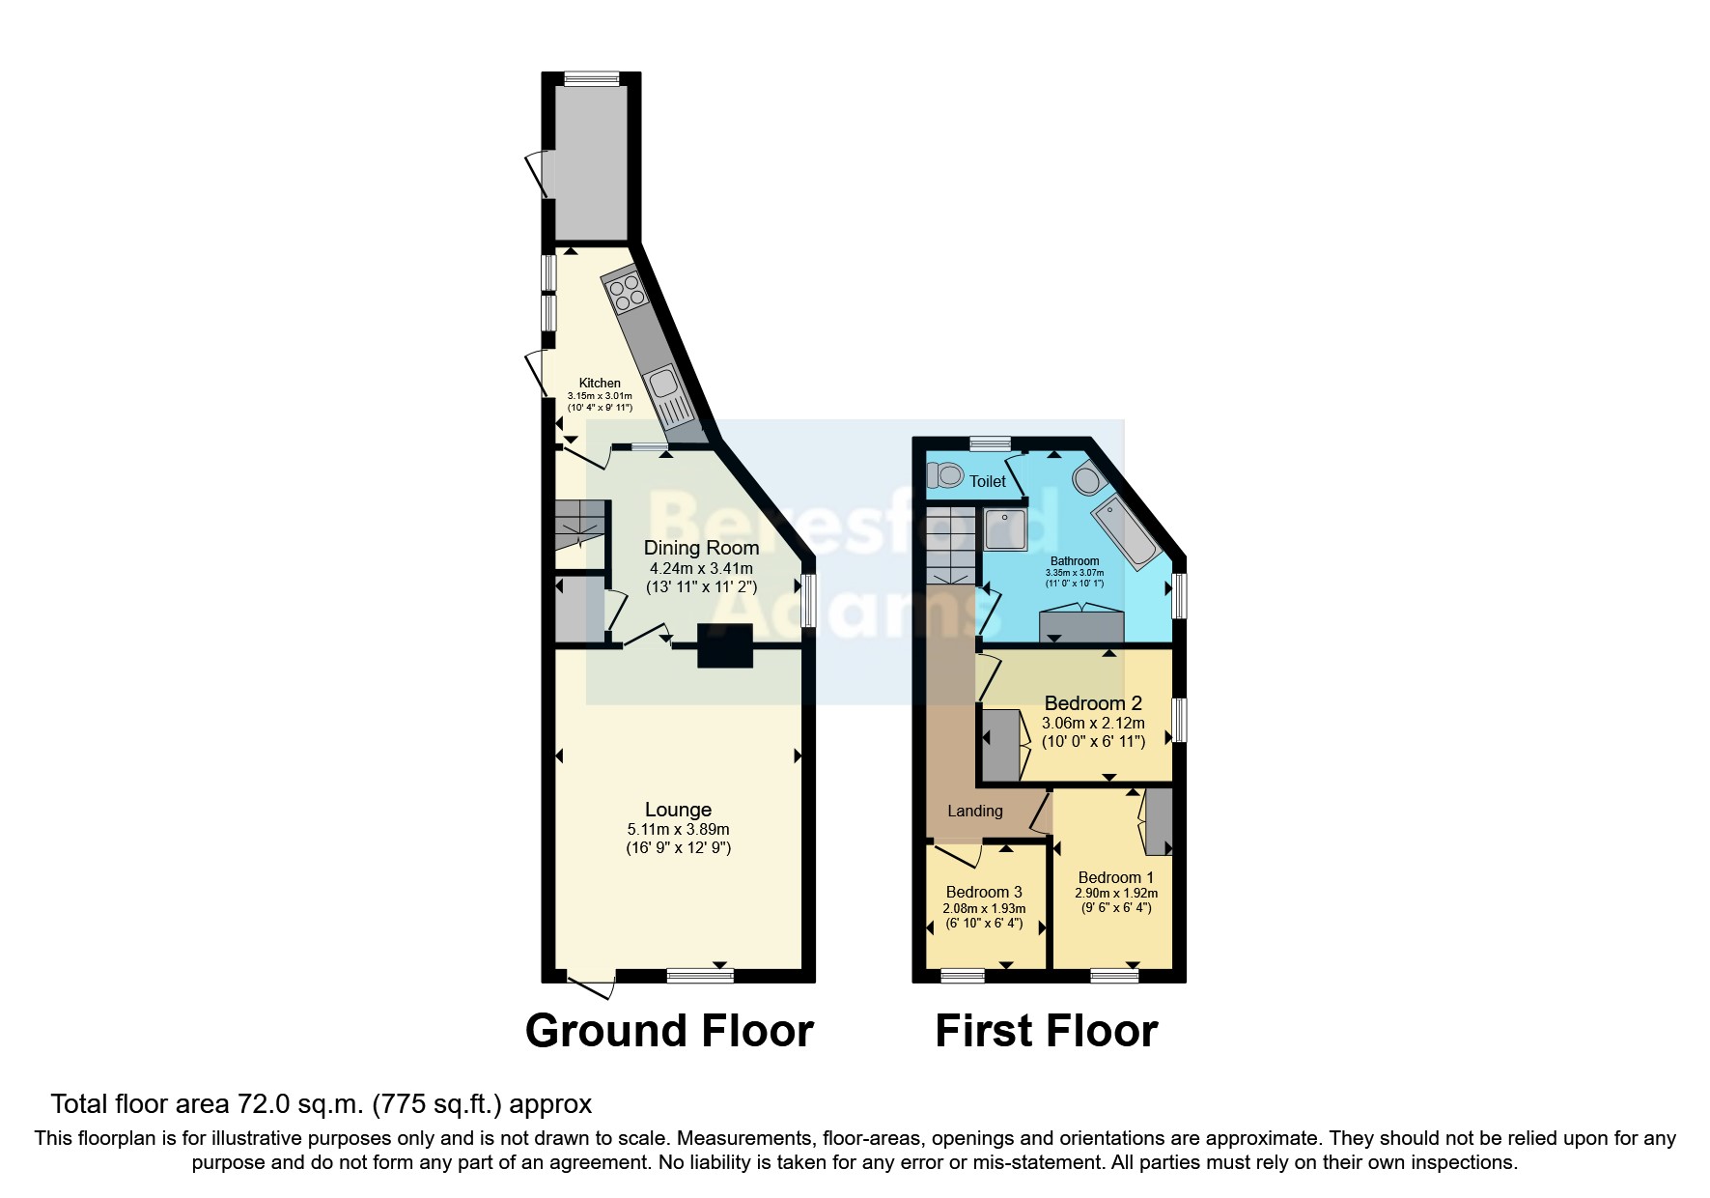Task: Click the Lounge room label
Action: (678, 810)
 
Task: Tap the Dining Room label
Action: (701, 548)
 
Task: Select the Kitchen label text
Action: (600, 383)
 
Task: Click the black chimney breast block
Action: (725, 645)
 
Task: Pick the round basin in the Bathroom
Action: (1086, 479)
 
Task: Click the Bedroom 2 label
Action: (1093, 703)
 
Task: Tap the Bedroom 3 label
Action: (984, 892)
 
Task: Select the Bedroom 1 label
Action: (1115, 877)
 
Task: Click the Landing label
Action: (974, 811)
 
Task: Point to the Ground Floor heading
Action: (669, 1031)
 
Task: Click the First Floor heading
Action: (1046, 1031)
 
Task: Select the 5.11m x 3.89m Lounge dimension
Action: (678, 829)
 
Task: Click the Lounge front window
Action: (699, 977)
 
